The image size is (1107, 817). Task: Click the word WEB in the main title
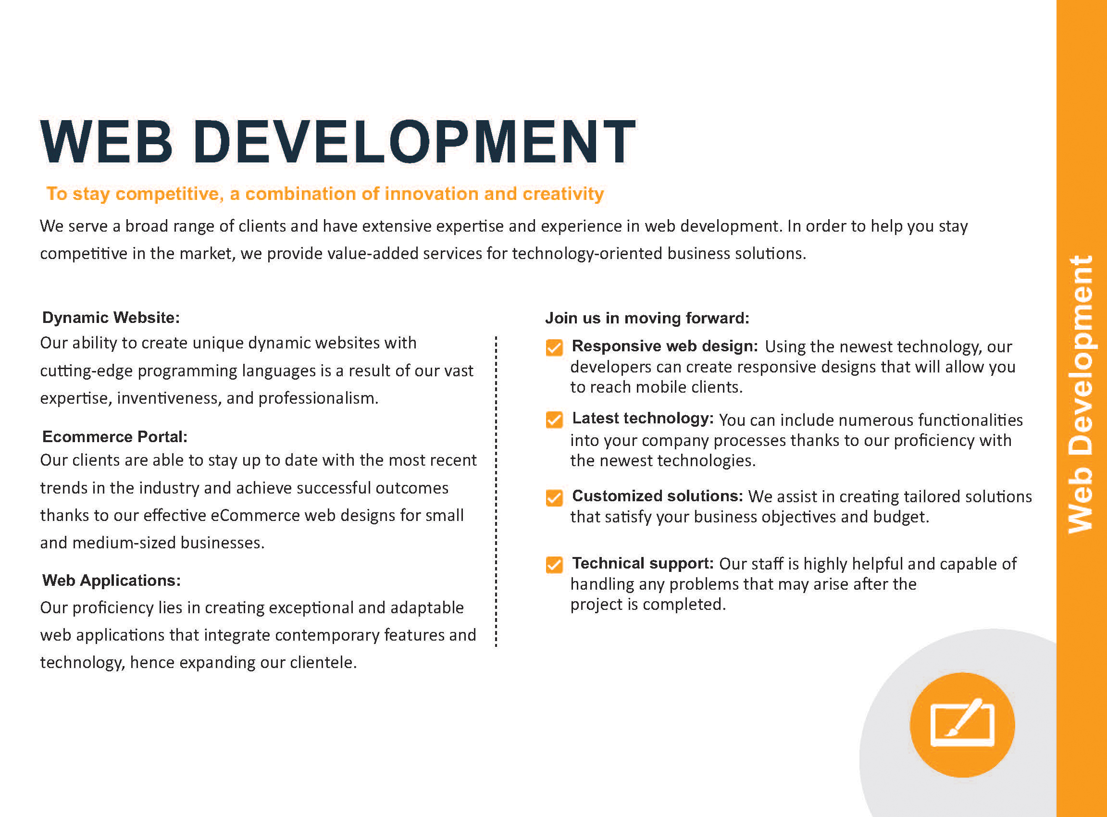click(106, 141)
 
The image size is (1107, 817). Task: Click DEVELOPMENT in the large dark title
click(414, 141)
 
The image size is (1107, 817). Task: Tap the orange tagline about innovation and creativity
click(325, 194)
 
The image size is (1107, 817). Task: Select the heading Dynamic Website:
click(111, 318)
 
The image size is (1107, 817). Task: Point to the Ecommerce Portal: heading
click(115, 437)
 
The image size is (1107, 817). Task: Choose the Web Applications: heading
click(112, 580)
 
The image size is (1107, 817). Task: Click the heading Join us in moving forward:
click(647, 318)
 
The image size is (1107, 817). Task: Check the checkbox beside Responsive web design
click(554, 347)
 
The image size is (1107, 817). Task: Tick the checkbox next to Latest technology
click(554, 420)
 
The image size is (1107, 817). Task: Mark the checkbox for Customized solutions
click(554, 497)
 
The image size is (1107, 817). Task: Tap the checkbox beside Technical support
click(554, 565)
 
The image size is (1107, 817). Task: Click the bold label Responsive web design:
click(665, 346)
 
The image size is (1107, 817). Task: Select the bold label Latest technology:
click(643, 419)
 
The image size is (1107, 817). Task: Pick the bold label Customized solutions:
click(658, 496)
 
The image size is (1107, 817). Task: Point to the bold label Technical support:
click(643, 563)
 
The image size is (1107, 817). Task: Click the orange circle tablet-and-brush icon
click(962, 725)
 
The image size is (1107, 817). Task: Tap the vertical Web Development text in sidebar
click(1080, 394)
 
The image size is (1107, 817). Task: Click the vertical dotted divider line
click(496, 492)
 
